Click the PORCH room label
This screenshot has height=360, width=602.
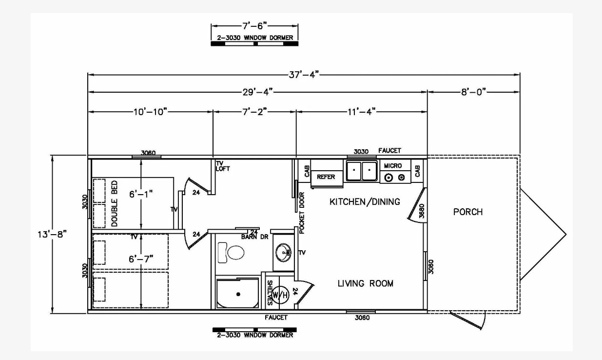click(x=468, y=212)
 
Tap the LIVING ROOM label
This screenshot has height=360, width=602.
click(x=366, y=283)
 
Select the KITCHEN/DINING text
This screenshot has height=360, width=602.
click(x=365, y=201)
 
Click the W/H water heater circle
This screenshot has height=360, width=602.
click(x=280, y=295)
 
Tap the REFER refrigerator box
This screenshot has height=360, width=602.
click(x=327, y=177)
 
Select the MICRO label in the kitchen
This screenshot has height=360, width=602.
click(x=393, y=166)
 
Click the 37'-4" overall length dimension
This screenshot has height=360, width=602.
click(x=304, y=75)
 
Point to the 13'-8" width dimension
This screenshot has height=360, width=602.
click(x=52, y=235)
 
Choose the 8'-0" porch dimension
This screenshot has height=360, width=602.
click(x=474, y=92)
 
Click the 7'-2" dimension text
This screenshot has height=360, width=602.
click(x=254, y=112)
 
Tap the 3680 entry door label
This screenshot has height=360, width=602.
click(x=422, y=211)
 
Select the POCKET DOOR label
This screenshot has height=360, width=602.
click(x=302, y=213)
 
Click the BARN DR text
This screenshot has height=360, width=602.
click(x=254, y=237)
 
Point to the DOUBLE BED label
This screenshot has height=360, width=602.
click(x=114, y=203)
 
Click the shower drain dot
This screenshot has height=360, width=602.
click(x=238, y=294)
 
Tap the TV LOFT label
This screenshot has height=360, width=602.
click(x=223, y=166)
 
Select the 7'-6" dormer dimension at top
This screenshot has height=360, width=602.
click(x=254, y=26)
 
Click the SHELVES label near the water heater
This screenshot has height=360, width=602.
click(x=270, y=293)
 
